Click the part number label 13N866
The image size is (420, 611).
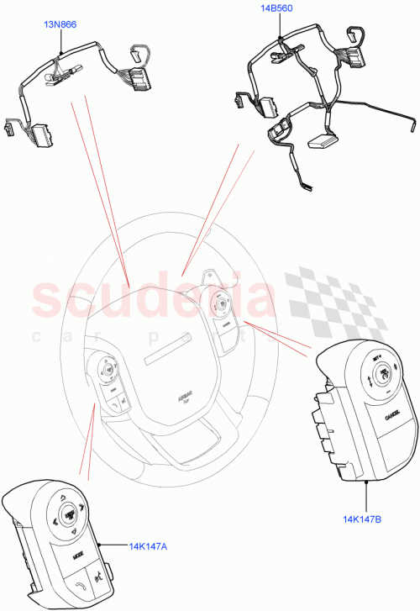60,25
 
